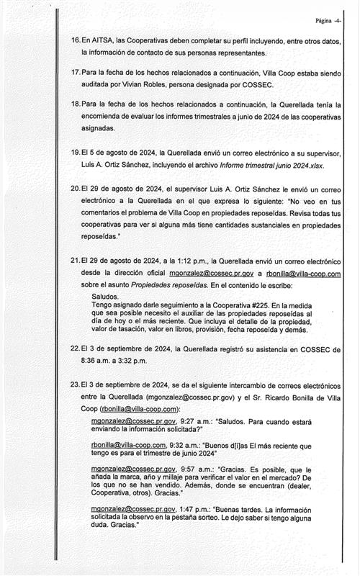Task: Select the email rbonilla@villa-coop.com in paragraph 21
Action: tap(301, 274)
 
